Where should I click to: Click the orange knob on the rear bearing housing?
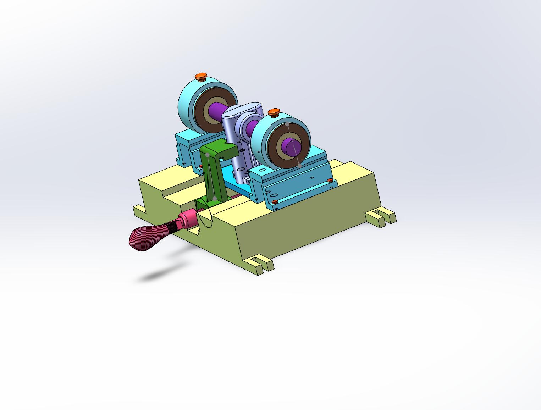click(x=201, y=76)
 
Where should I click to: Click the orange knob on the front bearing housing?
click(x=274, y=113)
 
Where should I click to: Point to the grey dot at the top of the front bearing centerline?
click(x=287, y=124)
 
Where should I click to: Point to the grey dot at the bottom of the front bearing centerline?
click(x=300, y=166)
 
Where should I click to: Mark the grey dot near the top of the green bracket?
click(x=208, y=155)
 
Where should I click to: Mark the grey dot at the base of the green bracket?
click(x=215, y=199)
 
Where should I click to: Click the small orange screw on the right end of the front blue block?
click(x=330, y=181)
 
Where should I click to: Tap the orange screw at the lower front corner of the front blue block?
click(x=275, y=202)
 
